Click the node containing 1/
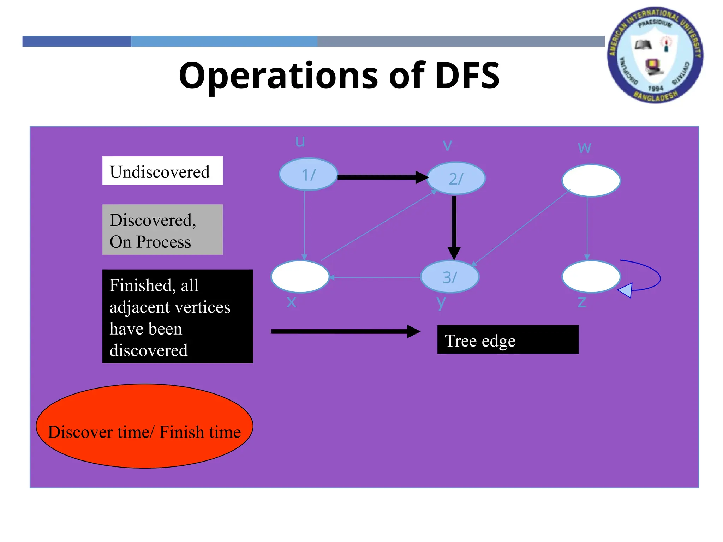tap(308, 174)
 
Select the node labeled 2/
tap(456, 179)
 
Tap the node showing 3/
tap(450, 277)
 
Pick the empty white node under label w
tap(591, 180)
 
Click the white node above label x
tap(300, 277)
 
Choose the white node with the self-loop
tap(591, 277)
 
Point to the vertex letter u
tap(300, 141)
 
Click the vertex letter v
tap(447, 145)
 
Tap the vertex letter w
tap(584, 147)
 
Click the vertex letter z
tap(582, 302)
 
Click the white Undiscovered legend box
tap(162, 171)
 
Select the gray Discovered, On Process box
tap(162, 230)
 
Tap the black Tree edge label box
tap(508, 339)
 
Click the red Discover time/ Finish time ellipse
tap(144, 426)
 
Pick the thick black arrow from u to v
tap(381, 177)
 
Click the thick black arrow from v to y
tap(454, 226)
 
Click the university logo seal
tap(655, 55)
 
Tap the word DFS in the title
tap(467, 76)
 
